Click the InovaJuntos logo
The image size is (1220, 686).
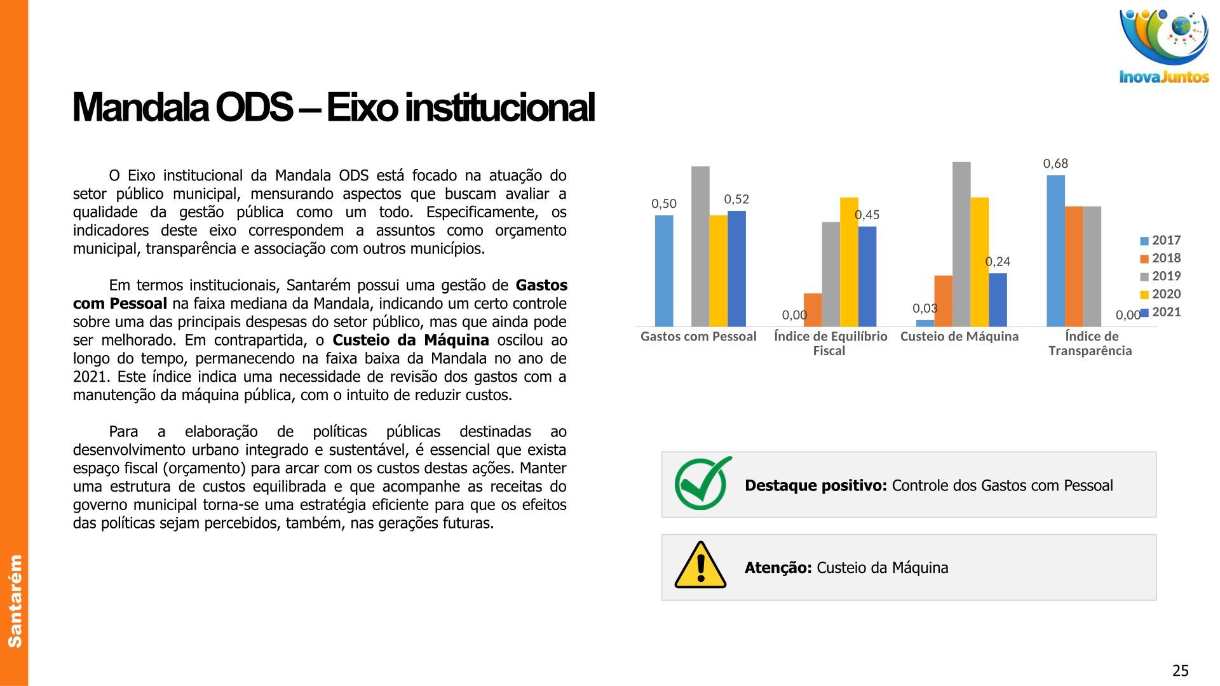click(1164, 46)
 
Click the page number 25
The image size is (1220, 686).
click(1180, 671)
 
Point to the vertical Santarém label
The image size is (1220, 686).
click(14, 601)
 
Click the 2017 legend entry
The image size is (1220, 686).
click(1160, 240)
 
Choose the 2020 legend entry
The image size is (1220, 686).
click(1160, 294)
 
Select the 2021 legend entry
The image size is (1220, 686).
click(1160, 312)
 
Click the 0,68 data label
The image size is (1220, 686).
click(1055, 164)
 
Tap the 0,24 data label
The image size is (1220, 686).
click(998, 262)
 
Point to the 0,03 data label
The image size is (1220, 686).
click(925, 308)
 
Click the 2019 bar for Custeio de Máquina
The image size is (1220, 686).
click(961, 245)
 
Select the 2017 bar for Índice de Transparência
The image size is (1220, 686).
click(1056, 251)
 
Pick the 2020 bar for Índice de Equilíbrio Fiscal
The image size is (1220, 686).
click(849, 262)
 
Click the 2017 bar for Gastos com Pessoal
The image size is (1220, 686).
click(664, 271)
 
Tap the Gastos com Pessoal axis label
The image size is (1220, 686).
click(698, 337)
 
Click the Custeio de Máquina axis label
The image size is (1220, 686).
click(959, 337)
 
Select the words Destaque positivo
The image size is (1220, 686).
click(816, 486)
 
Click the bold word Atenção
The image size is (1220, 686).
click(778, 568)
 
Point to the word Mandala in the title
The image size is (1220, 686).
click(140, 107)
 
